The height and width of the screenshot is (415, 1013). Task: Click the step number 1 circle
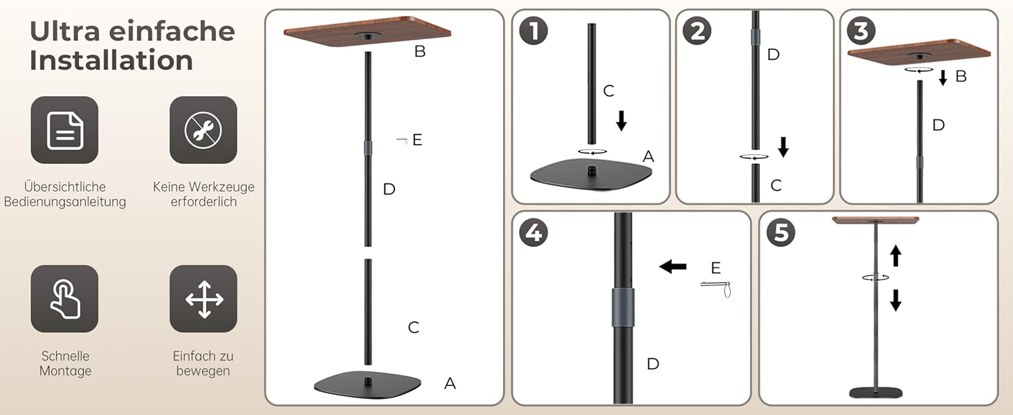(533, 30)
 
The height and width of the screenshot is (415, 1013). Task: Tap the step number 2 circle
(697, 30)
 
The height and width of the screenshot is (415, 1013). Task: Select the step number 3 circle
(861, 30)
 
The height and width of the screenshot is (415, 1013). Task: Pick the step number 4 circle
(533, 233)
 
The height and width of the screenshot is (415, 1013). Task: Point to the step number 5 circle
(781, 233)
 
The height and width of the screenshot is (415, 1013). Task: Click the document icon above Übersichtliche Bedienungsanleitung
(64, 130)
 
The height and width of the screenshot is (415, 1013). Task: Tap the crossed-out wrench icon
(203, 130)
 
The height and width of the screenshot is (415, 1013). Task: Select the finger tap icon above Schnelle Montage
(64, 299)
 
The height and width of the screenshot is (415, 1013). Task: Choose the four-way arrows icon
(203, 299)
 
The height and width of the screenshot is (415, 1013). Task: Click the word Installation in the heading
(111, 60)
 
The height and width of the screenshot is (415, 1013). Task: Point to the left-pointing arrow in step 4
(673, 267)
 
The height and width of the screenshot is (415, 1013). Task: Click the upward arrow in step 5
(895, 256)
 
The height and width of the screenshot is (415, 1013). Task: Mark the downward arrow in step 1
(621, 121)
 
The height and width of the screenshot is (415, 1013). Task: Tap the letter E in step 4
(715, 268)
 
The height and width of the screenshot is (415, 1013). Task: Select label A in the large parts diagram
(450, 383)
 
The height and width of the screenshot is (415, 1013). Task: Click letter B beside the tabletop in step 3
(961, 76)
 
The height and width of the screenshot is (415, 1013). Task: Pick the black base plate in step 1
(591, 175)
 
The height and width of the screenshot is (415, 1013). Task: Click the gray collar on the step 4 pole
(623, 307)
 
